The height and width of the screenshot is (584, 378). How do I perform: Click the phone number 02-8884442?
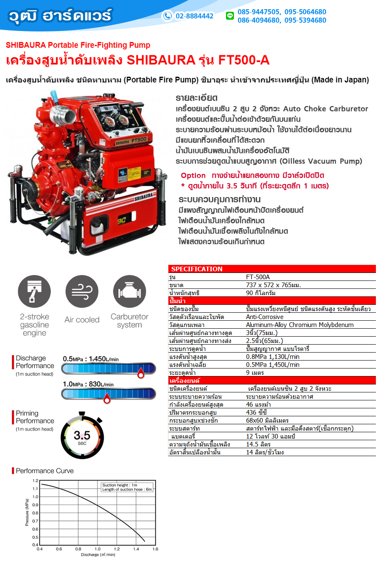pos(194,16)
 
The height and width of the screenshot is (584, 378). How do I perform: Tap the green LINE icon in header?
pos(230,16)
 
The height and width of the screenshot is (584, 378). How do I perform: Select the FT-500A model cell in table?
pos(258,277)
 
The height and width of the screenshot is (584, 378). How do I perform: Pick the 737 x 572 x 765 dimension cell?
pos(273,285)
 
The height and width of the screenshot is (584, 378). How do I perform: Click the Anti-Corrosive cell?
pos(265,317)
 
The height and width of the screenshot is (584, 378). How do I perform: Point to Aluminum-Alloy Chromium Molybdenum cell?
pos(299,325)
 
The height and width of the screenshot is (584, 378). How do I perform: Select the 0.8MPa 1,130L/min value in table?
pos(273,357)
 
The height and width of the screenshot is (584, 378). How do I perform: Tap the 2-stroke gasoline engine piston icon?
pos(34,292)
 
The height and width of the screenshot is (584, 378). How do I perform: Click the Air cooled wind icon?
pos(82,292)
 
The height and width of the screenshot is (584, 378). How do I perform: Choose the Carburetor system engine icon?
pos(129,292)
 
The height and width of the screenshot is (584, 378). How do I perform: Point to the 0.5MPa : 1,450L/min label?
pos(91,359)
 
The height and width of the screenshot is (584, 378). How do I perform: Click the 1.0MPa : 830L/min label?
pos(88,384)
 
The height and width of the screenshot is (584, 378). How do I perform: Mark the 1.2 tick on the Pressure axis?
pos(36,481)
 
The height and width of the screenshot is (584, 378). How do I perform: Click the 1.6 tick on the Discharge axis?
pos(155,549)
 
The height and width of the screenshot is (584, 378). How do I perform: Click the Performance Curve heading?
pos(45,471)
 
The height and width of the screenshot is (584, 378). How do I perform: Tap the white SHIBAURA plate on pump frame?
pos(144,197)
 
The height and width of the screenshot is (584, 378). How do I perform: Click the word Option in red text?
pos(193,176)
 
